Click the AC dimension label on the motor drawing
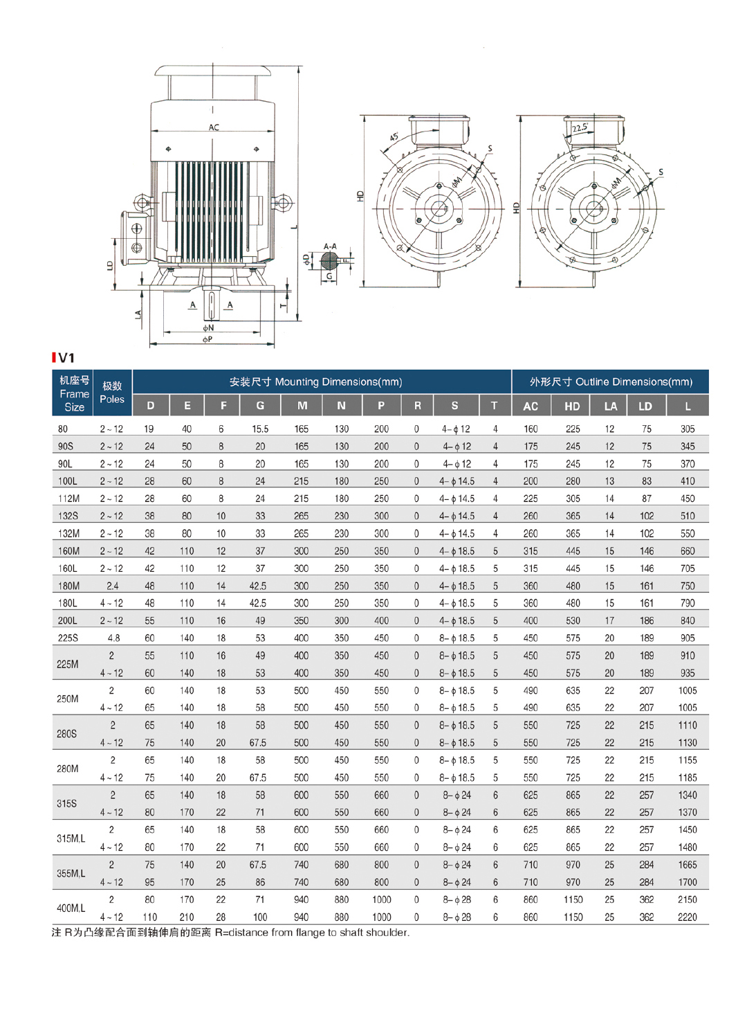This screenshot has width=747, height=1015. coord(214,127)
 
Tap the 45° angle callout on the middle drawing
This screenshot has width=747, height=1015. coord(394,137)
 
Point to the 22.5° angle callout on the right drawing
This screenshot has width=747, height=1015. coord(579,127)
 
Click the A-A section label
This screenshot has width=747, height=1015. coord(330,246)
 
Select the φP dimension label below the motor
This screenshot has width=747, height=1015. coord(207,339)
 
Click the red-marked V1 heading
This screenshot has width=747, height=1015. coord(64,358)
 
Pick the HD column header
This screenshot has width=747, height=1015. coord(572,406)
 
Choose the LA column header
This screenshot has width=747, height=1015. coord(610,406)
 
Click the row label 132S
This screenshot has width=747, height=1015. coord(68,516)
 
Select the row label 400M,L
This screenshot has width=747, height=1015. coord(71,908)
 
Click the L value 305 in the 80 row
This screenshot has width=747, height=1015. coord(687,429)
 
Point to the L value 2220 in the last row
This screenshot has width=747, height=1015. coord(687,917)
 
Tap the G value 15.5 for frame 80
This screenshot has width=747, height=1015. coord(260,429)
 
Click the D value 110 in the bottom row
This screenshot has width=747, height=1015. coord(149,917)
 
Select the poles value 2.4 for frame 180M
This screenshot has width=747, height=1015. coord(112,586)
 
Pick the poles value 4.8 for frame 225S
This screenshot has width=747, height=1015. coord(113,638)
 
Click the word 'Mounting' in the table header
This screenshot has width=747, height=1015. coord(297,382)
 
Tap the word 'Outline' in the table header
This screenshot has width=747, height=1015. coord(591,382)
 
